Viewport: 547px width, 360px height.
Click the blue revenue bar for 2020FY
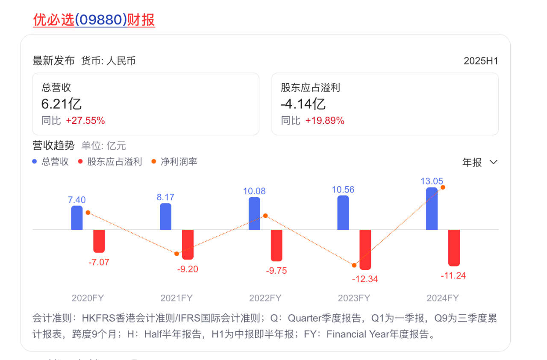tap(77, 218)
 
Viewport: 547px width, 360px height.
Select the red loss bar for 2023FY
tap(365, 249)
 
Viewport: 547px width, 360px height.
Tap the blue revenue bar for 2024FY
tap(432, 208)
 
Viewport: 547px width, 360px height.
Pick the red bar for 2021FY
tap(188, 244)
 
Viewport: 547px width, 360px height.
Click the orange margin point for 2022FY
tap(265, 216)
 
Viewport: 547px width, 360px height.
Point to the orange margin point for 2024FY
tap(443, 187)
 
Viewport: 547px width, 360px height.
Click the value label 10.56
tap(343, 190)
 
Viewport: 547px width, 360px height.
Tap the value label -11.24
tap(453, 276)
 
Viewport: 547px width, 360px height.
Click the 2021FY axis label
tap(176, 298)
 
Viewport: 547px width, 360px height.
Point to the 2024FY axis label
tap(443, 298)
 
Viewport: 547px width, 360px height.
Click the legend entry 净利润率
tap(179, 162)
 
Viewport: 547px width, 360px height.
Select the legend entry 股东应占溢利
tap(114, 162)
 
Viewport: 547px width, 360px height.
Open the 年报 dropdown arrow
tap(493, 162)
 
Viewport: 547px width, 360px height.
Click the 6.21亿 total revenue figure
tap(61, 104)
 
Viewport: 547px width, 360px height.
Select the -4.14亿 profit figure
tap(303, 104)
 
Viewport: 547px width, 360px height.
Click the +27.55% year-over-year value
tap(85, 121)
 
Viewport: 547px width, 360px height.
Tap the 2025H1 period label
tap(481, 61)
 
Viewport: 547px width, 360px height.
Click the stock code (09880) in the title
tap(101, 20)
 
